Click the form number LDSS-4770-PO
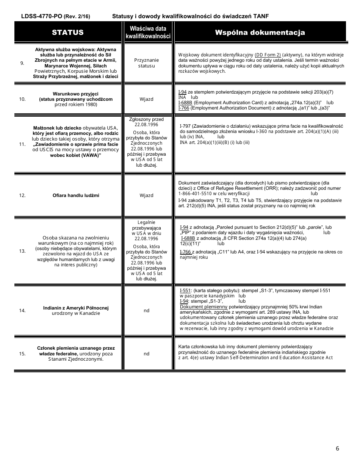pos(42,16)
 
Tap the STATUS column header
pos(68,32)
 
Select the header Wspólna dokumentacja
pos(260,32)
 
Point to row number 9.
pos(22,63)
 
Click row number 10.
pos(22,99)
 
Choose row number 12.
pos(22,195)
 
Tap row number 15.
pos(22,354)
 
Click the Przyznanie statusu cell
pos(147,63)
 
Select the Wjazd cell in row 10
pos(147,99)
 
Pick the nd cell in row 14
pos(147,311)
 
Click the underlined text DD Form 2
pos(268,55)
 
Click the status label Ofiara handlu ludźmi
pos(76,195)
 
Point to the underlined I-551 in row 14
pos(185,291)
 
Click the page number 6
pos(337,449)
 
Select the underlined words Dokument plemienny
pos(203,306)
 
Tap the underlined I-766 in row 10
pos(184,108)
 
